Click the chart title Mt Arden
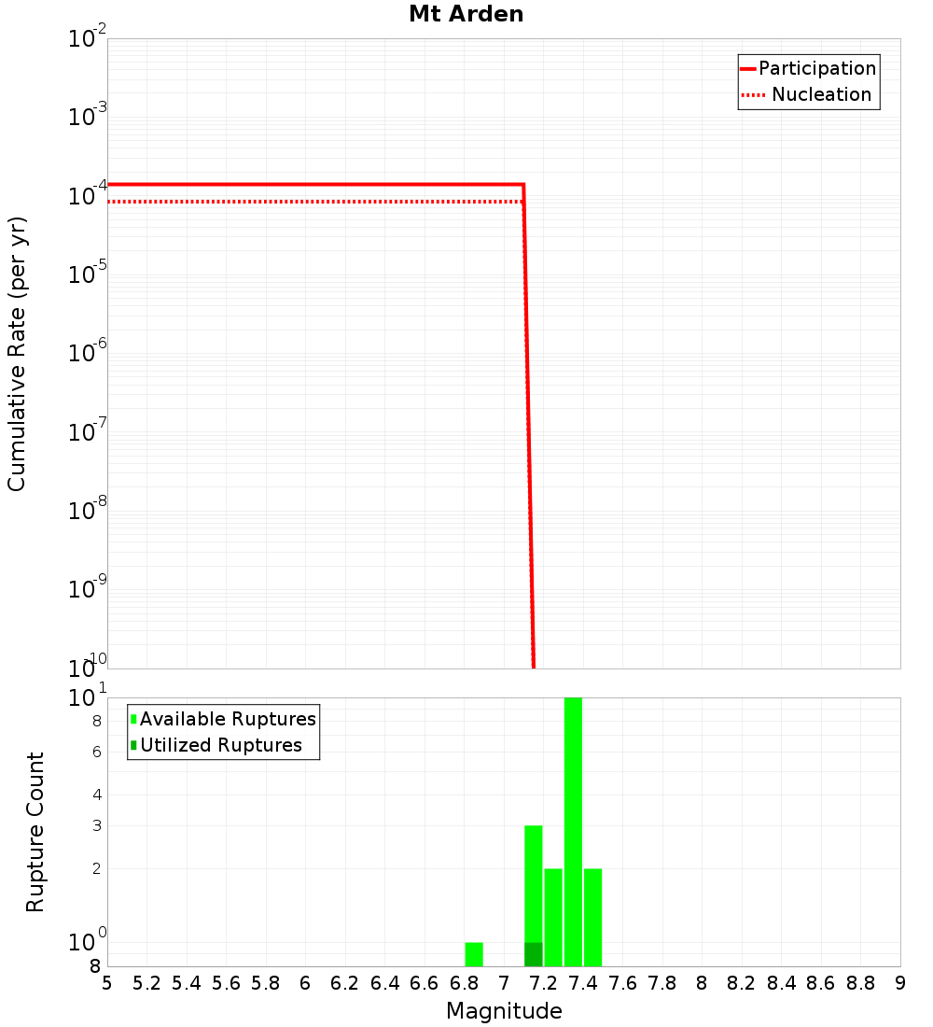[x=466, y=14]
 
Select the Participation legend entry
[x=816, y=68]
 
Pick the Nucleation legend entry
[x=820, y=94]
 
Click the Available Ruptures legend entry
[x=227, y=719]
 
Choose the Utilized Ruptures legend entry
[x=220, y=745]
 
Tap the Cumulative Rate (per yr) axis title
[x=17, y=354]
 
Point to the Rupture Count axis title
[x=35, y=832]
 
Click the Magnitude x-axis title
[x=504, y=1011]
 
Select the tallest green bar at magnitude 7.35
[x=573, y=831]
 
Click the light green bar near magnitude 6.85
[x=474, y=954]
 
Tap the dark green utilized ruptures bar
[x=533, y=954]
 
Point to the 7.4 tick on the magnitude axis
[x=583, y=983]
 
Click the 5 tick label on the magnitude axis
[x=107, y=983]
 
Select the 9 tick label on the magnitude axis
[x=900, y=983]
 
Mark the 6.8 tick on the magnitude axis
[x=464, y=983]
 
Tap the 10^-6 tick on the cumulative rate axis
[x=88, y=354]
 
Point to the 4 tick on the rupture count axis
[x=96, y=795]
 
